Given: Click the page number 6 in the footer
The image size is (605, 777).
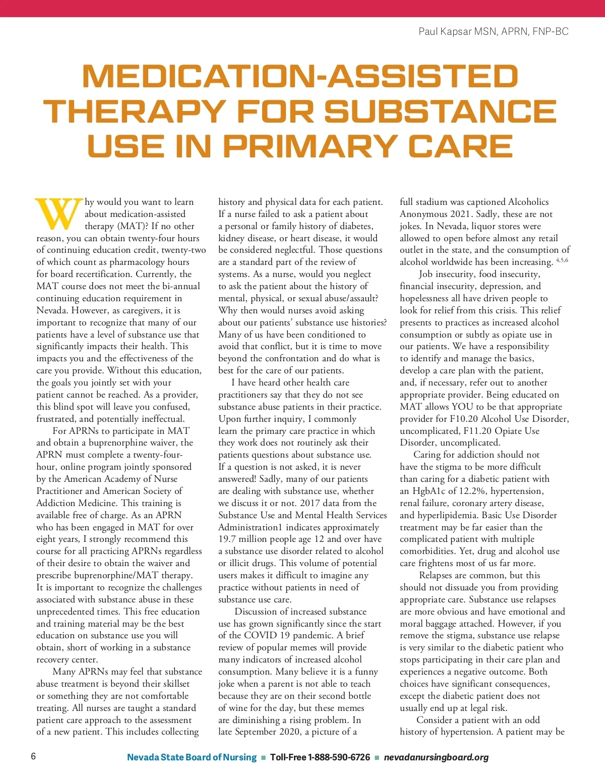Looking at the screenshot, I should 33,756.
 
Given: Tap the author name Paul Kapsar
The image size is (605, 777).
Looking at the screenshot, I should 445,32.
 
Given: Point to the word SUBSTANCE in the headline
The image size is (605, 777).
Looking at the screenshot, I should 440,111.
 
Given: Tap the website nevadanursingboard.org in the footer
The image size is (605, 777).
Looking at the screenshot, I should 436,757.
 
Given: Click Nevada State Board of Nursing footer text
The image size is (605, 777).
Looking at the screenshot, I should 192,757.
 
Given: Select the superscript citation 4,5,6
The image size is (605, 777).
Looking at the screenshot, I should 562,260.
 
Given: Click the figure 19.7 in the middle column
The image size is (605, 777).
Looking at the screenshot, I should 228,539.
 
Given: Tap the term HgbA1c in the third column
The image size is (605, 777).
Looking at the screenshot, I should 429,491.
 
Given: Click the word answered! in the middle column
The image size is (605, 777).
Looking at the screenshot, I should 240,479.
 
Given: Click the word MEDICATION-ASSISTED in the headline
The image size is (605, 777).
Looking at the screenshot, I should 300,76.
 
